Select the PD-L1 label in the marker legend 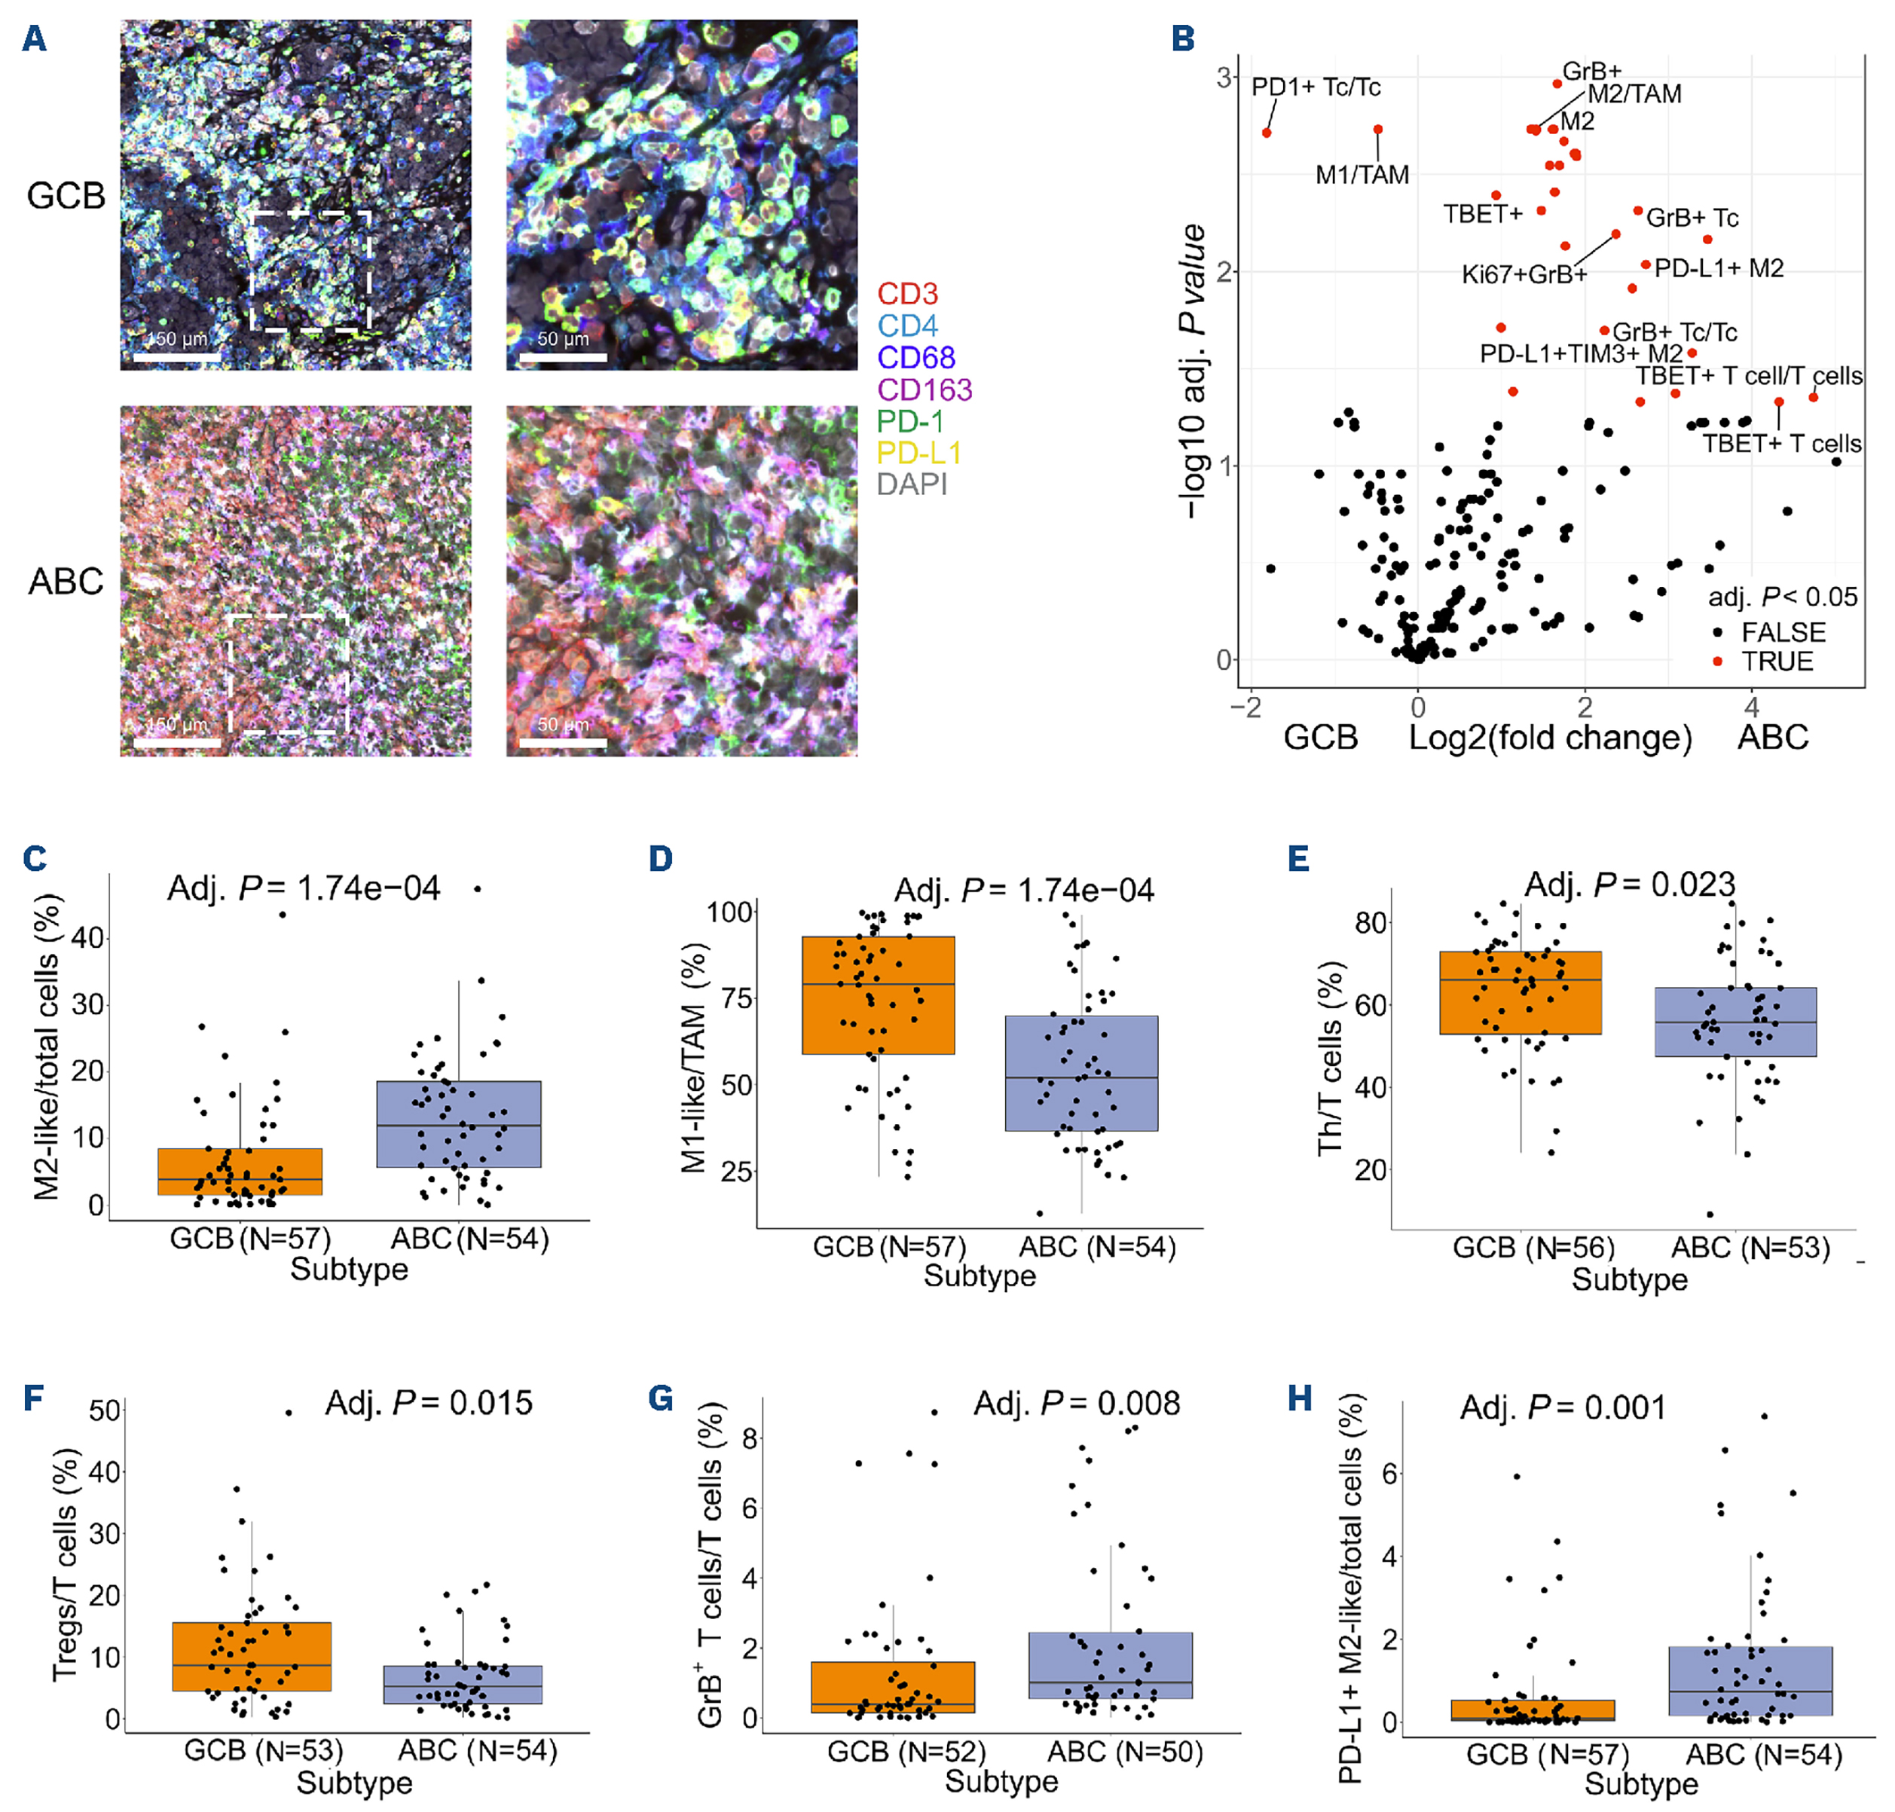click(918, 453)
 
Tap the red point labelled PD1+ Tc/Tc click(1267, 133)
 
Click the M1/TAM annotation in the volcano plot click(1362, 175)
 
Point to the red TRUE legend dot click(1717, 662)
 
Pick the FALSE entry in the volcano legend click(1783, 633)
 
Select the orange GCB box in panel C click(240, 1172)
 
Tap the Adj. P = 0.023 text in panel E click(1629, 884)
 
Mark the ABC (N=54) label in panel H click(1764, 1755)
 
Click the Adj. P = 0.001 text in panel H click(1563, 1407)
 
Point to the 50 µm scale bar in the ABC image click(562, 742)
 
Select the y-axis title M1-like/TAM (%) click(695, 1058)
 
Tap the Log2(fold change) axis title click(1549, 738)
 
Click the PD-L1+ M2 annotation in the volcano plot click(1718, 268)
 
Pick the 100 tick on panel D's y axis click(729, 912)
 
